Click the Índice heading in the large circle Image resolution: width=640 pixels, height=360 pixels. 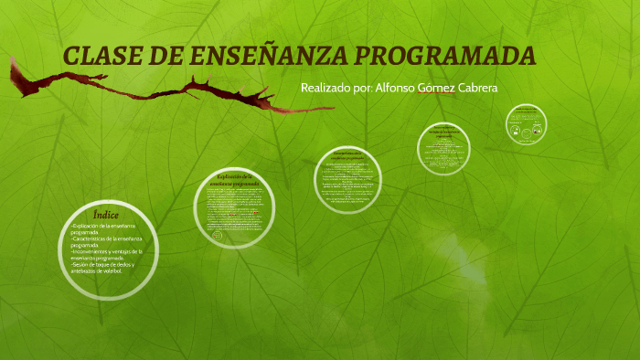[106, 215]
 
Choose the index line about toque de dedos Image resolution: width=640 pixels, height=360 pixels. [102, 267]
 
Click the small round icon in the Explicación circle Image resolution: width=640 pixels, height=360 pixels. [218, 235]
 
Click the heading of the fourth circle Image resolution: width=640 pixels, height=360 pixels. [444, 133]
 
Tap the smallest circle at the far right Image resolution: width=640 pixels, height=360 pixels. [526, 123]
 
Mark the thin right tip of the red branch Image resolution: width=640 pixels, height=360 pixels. [329, 109]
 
